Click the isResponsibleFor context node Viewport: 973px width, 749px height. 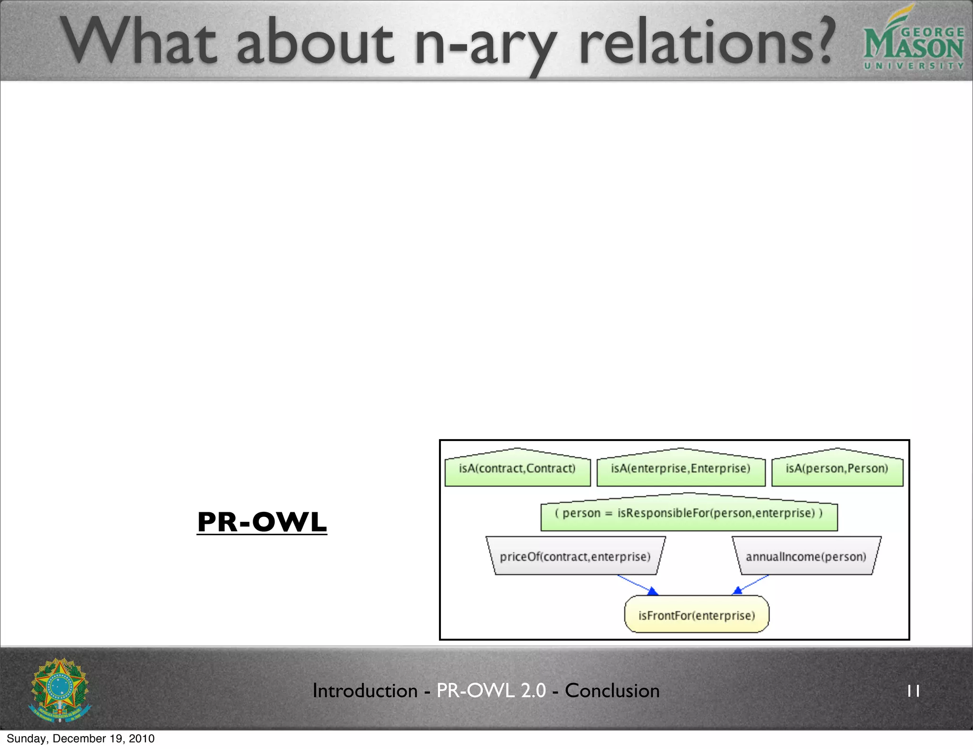[688, 514]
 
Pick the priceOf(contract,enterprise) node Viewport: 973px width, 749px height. [575, 557]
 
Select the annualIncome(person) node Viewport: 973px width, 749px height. [806, 557]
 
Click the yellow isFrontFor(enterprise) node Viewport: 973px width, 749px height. [696, 615]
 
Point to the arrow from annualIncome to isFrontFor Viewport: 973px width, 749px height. [752, 584]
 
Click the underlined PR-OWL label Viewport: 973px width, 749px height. [262, 522]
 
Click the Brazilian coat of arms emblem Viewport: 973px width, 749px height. [60, 690]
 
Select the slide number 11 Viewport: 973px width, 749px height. [913, 691]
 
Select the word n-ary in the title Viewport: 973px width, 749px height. [485, 45]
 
